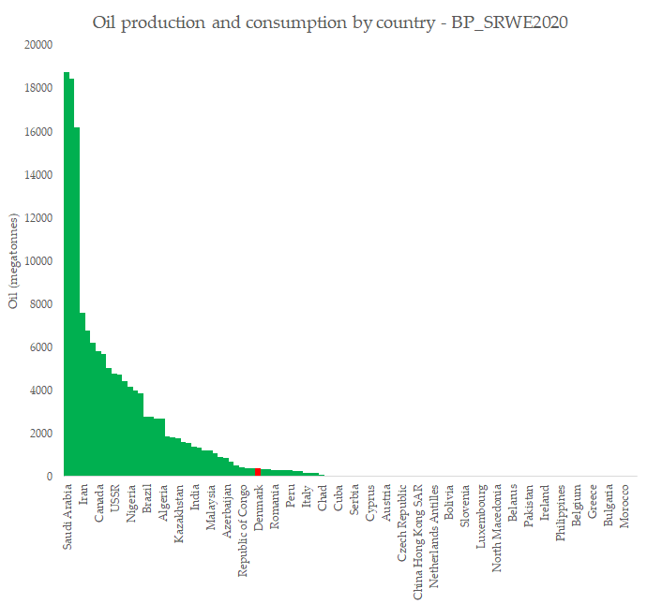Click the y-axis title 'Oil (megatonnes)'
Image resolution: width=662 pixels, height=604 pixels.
[x=13, y=261]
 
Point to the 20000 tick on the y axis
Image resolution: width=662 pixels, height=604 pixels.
[x=38, y=45]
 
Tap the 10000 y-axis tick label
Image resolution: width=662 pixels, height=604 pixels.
[x=38, y=261]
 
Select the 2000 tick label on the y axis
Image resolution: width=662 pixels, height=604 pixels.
[x=41, y=434]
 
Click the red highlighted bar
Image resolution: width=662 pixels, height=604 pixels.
[x=258, y=472]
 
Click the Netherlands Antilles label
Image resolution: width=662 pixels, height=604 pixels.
[x=433, y=535]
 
